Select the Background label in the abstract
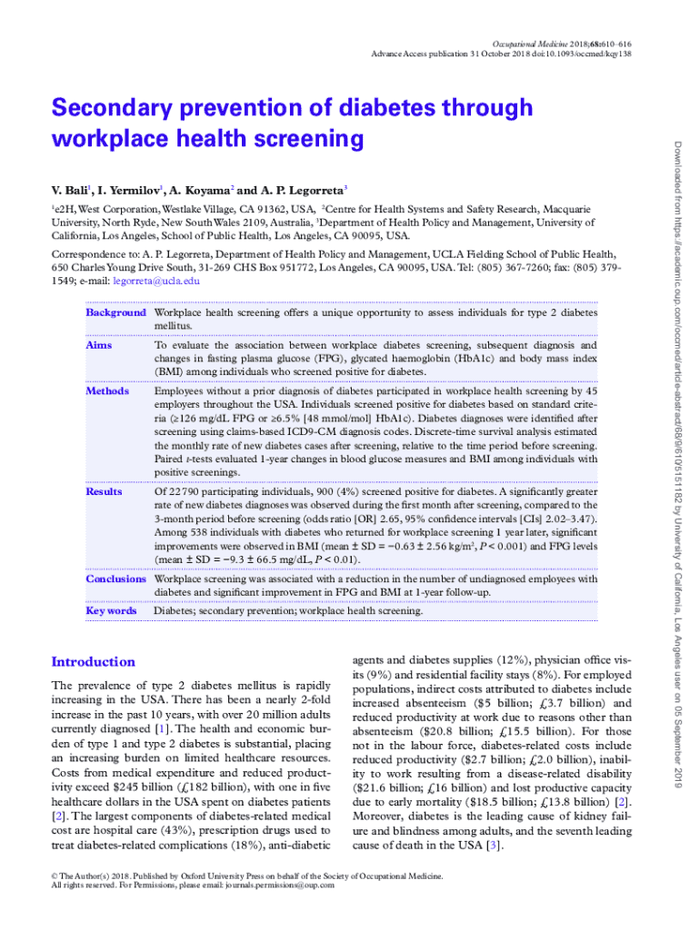115,312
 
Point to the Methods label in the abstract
106,391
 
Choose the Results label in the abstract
104,491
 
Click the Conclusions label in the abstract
115,579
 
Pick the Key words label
111,611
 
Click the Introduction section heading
94,662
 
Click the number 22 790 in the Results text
184,491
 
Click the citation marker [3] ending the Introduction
493,846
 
